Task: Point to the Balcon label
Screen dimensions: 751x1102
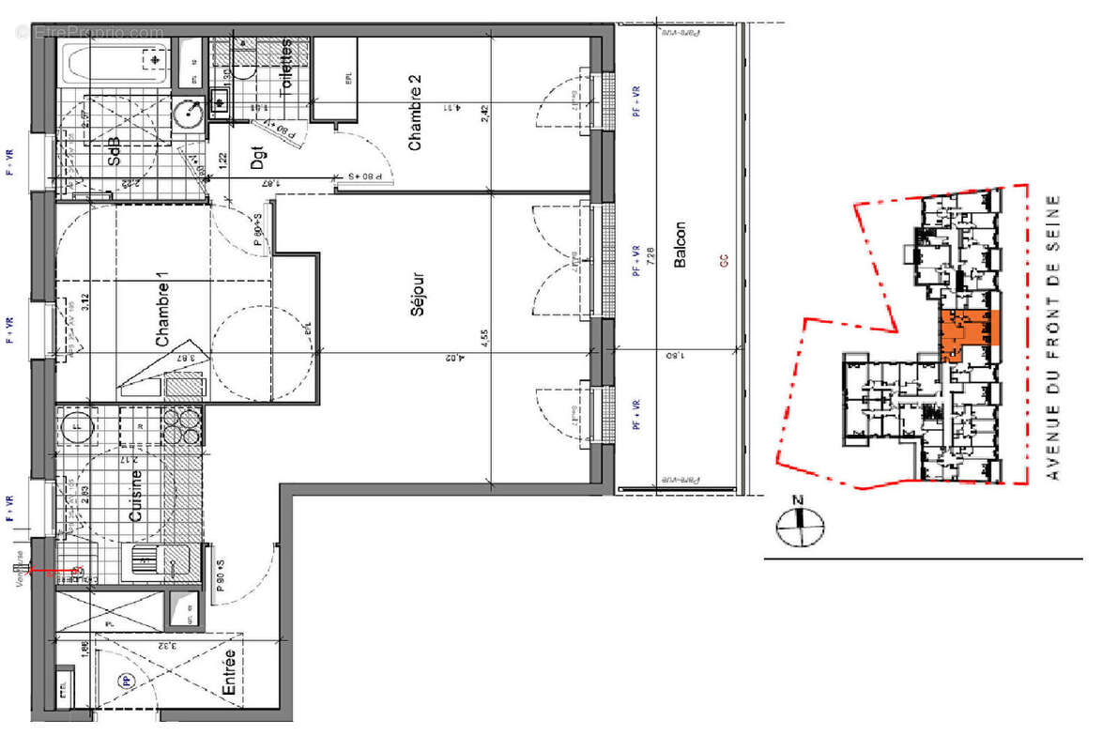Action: point(681,246)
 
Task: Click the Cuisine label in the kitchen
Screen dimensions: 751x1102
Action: point(136,497)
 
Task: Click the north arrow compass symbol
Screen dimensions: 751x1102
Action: point(799,525)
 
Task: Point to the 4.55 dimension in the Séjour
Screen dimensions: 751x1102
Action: point(483,338)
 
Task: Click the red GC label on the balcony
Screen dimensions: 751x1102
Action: point(724,262)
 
